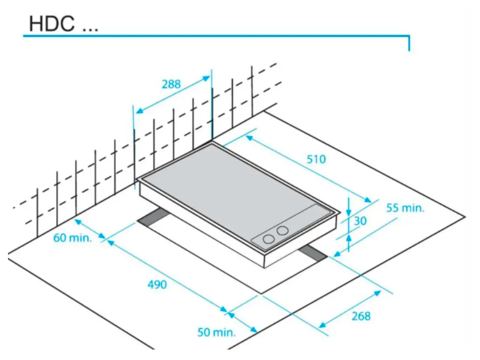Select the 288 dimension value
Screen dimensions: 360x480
(x=171, y=84)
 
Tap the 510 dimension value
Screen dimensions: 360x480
(x=316, y=159)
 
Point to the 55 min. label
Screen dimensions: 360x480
(x=405, y=208)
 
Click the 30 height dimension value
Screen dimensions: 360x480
(x=360, y=220)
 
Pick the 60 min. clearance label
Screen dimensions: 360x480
(x=72, y=238)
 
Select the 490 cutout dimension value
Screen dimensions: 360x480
(x=157, y=285)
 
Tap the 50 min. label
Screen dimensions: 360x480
(x=216, y=332)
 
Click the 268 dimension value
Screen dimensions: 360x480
(x=361, y=316)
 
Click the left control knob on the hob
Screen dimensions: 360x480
(x=268, y=239)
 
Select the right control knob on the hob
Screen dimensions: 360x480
(x=282, y=231)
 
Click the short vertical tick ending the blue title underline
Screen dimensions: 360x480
(x=409, y=43)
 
